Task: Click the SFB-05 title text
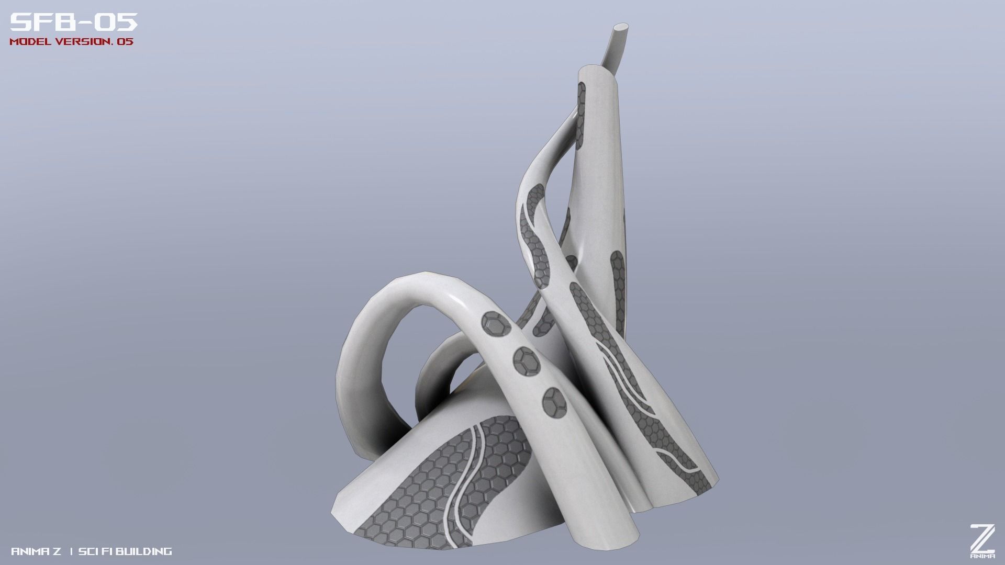74,22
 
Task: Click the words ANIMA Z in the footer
36,551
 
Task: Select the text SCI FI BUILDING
125,551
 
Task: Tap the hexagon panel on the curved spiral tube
535,230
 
